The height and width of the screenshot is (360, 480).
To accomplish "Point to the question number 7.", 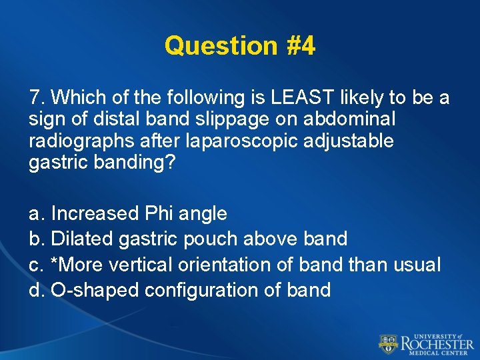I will tap(36, 98).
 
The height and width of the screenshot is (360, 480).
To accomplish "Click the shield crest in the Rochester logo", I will tap(387, 344).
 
